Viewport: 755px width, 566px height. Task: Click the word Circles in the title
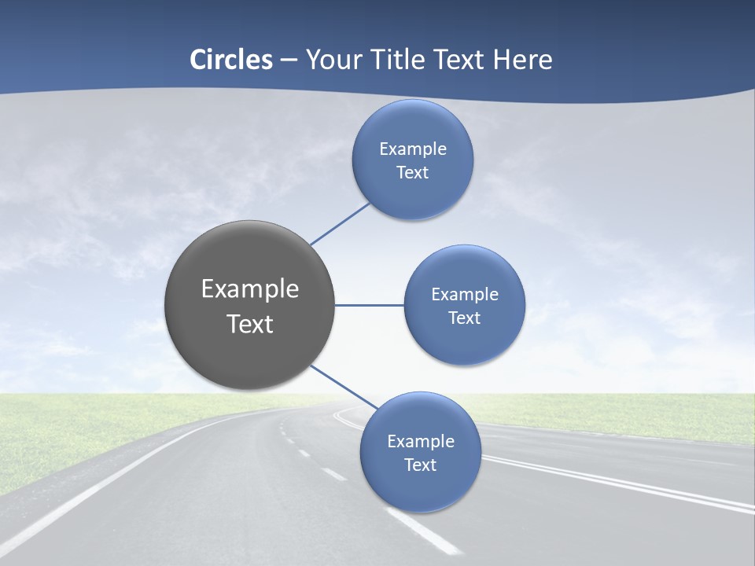point(231,60)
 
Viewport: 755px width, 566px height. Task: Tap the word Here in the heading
point(522,60)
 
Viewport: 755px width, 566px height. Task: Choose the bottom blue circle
point(420,487)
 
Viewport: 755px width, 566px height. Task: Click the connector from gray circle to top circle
point(340,224)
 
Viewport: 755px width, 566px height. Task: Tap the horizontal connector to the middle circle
point(369,305)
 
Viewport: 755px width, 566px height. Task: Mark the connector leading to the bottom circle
point(338,385)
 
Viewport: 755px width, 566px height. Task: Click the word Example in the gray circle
point(250,289)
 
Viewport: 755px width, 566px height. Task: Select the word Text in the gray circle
point(250,324)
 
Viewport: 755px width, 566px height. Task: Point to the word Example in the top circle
point(413,149)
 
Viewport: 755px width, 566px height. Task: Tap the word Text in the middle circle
point(464,318)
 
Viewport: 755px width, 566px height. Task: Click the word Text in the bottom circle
point(420,465)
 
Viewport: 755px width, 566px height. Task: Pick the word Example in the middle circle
point(465,295)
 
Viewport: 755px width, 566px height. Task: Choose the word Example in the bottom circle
point(421,442)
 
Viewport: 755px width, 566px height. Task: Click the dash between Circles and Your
point(289,60)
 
